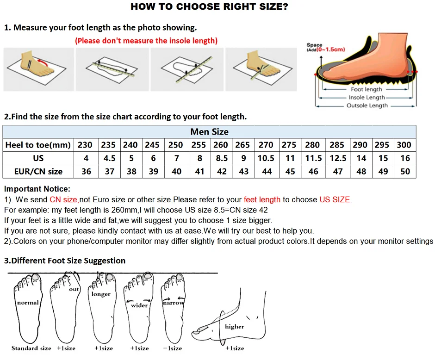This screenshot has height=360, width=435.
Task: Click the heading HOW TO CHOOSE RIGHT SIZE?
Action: (x=210, y=6)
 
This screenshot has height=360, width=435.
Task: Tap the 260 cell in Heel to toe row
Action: (x=221, y=145)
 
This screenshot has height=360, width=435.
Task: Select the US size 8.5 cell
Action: (x=222, y=158)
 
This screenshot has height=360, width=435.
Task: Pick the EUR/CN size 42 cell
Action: (x=222, y=172)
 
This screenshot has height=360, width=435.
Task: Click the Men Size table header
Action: (x=209, y=132)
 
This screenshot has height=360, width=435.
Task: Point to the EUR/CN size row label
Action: (x=38, y=172)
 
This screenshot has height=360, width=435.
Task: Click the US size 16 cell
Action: (x=405, y=158)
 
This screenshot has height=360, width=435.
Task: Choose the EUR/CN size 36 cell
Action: (x=86, y=172)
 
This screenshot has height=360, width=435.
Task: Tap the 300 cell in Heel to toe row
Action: (x=404, y=145)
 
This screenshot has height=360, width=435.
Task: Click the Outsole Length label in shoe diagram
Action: (x=367, y=106)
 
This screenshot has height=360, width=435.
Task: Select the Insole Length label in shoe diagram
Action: (x=367, y=98)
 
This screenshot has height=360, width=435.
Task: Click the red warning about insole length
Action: (x=146, y=41)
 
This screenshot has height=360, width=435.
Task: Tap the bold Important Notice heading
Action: (x=37, y=189)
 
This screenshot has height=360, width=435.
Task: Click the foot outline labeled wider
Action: (x=138, y=308)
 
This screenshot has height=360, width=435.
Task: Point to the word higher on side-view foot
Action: (x=234, y=327)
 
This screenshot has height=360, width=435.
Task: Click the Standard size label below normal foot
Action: (x=31, y=348)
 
